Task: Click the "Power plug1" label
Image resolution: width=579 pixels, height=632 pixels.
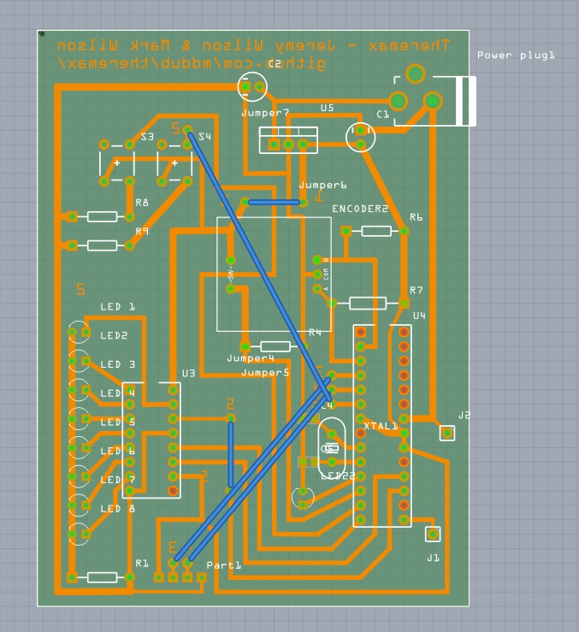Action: pos(516,56)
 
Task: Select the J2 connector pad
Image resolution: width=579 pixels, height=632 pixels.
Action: pos(446,433)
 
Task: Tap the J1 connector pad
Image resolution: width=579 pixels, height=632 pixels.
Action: pos(432,534)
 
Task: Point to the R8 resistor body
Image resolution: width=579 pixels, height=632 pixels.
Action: pos(103,216)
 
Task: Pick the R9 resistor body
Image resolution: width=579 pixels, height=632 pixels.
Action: pos(103,245)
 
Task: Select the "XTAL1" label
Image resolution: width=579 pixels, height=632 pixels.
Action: pos(381,426)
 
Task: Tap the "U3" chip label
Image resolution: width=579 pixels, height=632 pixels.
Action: pos(188,374)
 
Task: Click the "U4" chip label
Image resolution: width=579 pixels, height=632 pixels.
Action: pos(419,316)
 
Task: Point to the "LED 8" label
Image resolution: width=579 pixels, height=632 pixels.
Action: pos(118,509)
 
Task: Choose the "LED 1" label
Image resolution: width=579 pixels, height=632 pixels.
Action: pos(118,306)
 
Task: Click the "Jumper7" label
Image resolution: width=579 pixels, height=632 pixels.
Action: pos(265,113)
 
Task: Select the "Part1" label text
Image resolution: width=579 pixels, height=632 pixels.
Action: pos(224,565)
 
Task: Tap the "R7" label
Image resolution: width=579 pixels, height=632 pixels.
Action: pos(417,291)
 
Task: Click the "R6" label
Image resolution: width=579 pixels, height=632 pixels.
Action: pos(417,217)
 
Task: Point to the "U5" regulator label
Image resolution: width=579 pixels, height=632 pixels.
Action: pos(328,108)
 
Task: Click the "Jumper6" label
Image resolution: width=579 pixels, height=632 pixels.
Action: pos(322,186)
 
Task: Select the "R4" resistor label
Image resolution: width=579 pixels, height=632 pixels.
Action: pos(315,332)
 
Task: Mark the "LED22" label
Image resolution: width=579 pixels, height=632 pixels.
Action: pos(338,475)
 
